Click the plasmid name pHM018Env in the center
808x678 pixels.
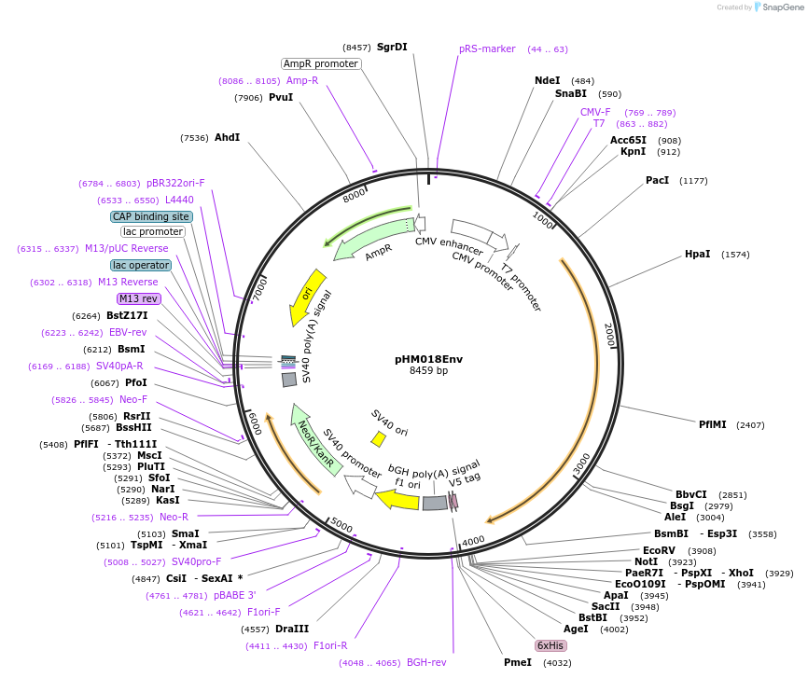tap(428, 358)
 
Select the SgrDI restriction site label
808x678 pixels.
tap(392, 47)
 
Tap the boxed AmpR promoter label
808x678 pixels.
tap(321, 63)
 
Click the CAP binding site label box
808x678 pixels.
tap(151, 216)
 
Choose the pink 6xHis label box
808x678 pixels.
tap(550, 645)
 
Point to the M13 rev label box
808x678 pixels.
tap(139, 298)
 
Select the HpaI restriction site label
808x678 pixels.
tap(697, 254)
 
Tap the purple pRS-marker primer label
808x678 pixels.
tap(487, 48)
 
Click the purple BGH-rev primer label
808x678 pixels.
tap(426, 662)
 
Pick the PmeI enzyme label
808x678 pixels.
tap(517, 662)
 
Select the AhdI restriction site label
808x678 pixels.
tap(227, 137)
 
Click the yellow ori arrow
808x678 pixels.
tap(308, 296)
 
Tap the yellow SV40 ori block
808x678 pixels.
tap(379, 438)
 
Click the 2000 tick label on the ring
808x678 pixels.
tap(608, 336)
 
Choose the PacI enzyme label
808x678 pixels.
tap(657, 180)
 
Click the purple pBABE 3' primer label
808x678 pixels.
tap(234, 595)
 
